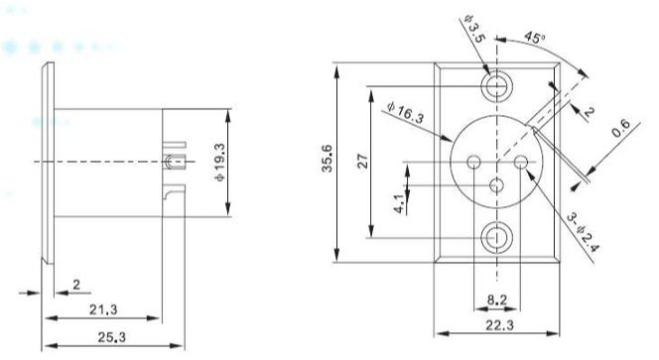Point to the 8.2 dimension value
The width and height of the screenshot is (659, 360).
click(x=499, y=298)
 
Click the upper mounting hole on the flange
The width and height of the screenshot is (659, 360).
click(x=495, y=85)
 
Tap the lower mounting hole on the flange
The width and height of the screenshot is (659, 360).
click(x=495, y=238)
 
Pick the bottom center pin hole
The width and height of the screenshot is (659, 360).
click(x=495, y=184)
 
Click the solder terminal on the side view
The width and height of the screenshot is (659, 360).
click(x=177, y=161)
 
